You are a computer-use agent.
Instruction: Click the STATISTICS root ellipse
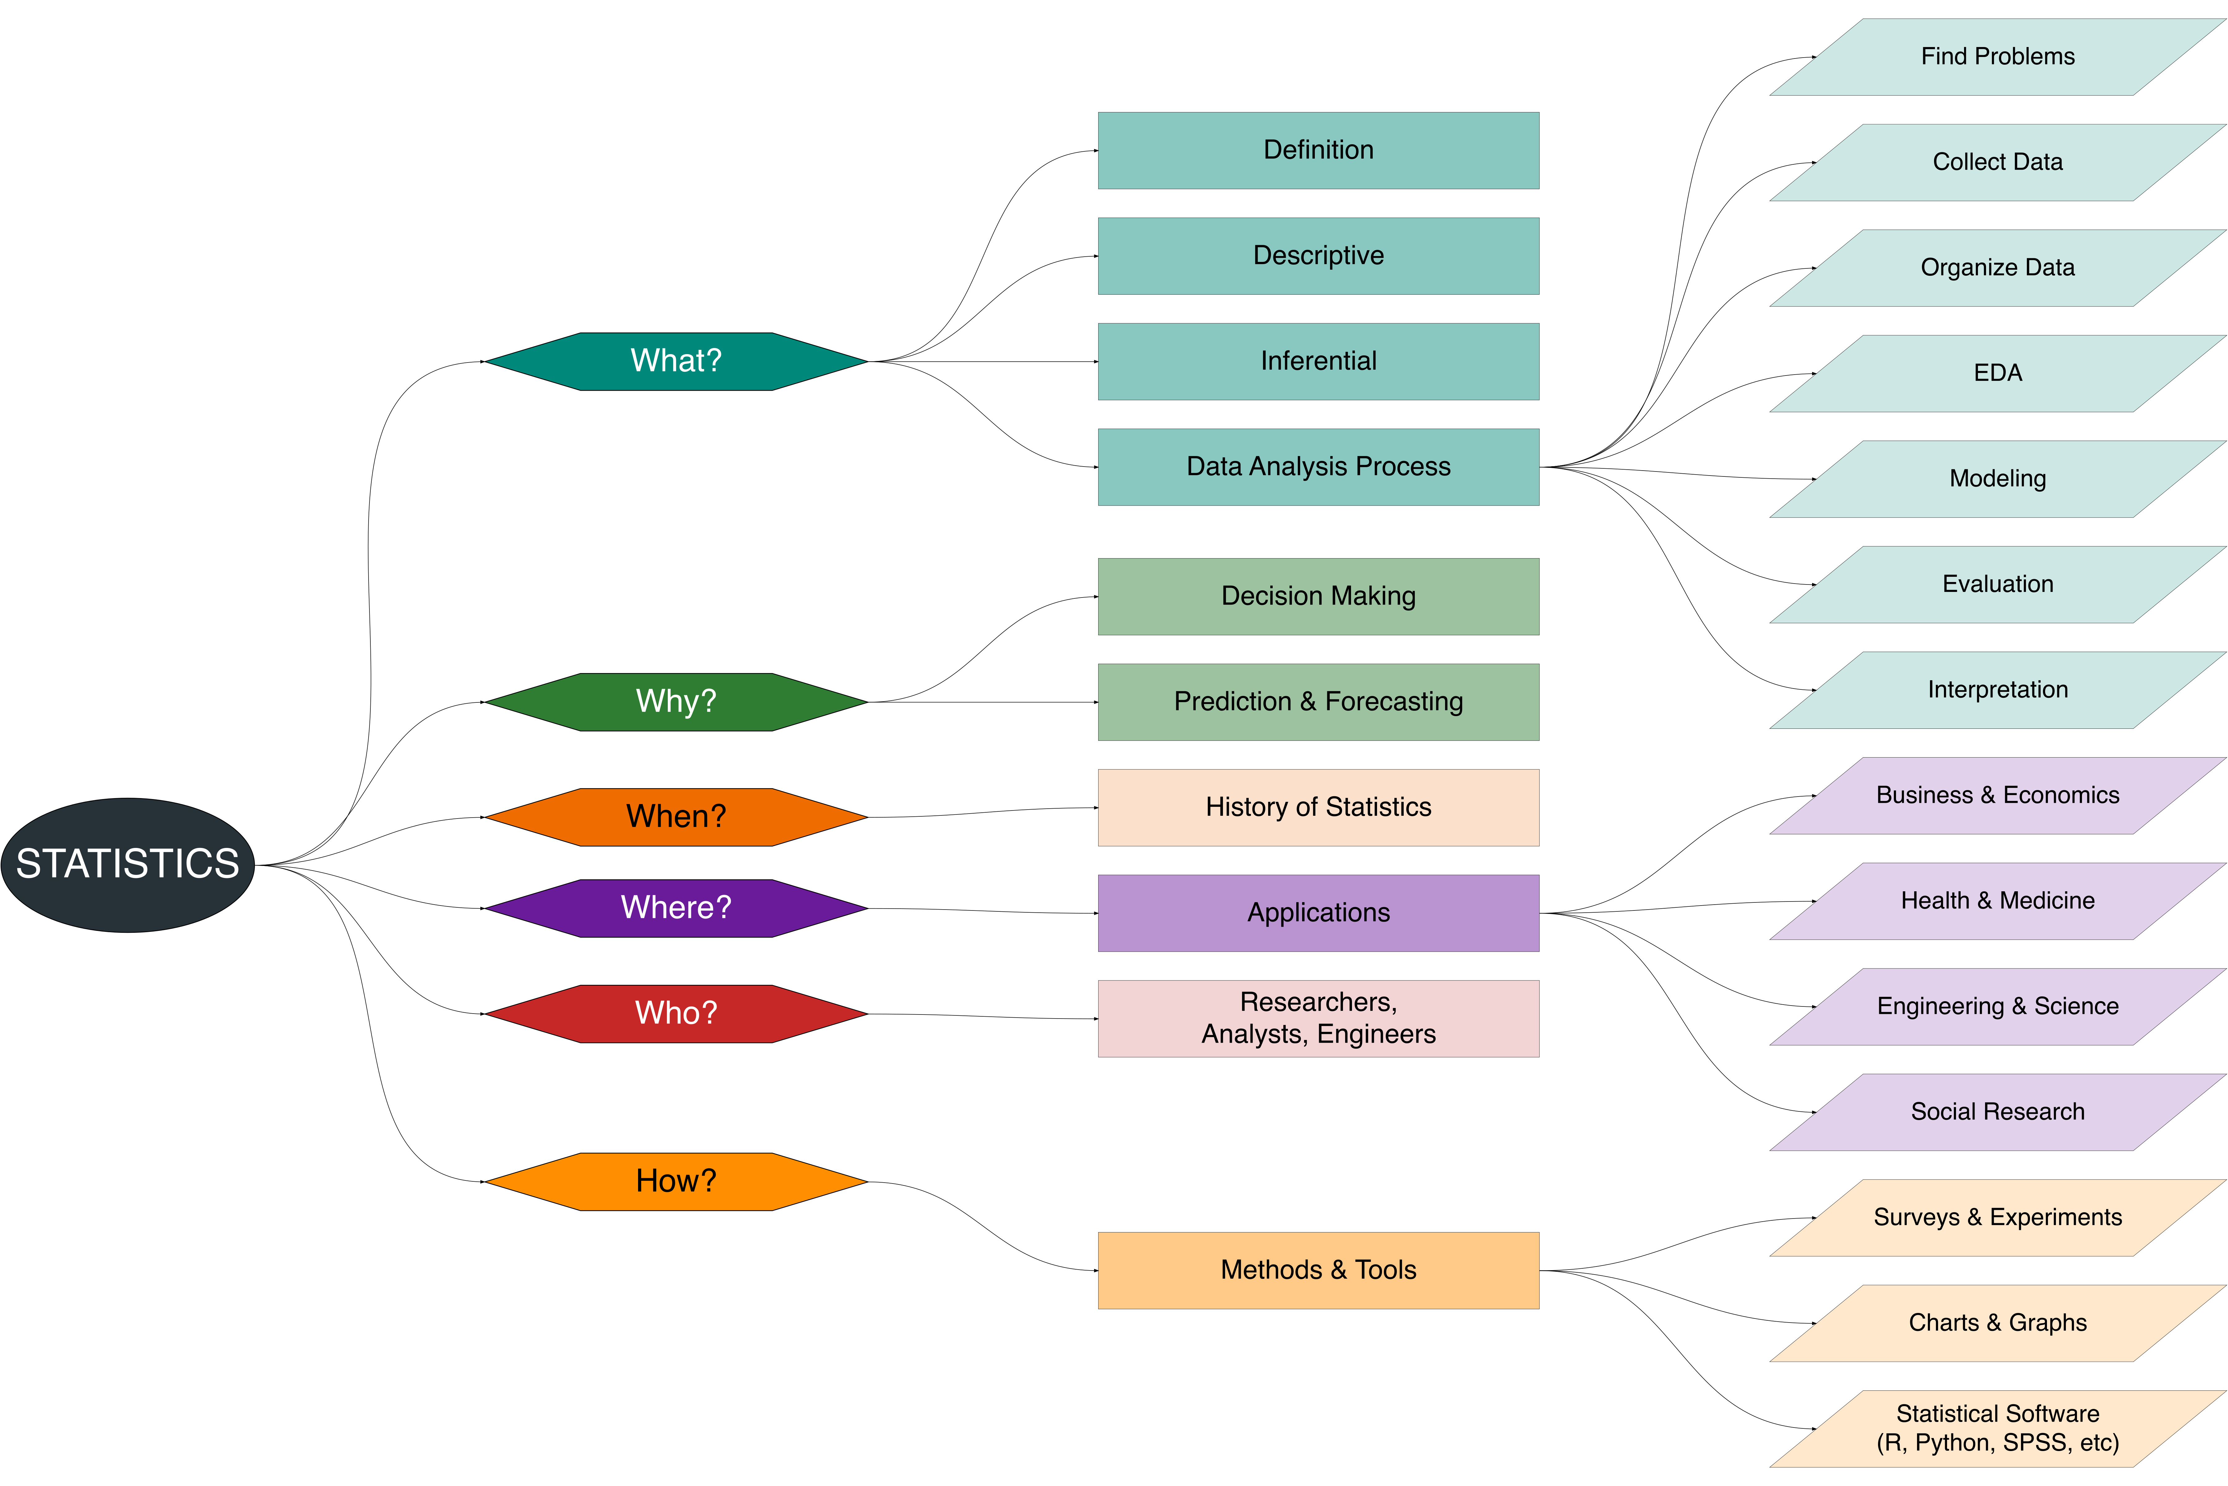click(x=128, y=864)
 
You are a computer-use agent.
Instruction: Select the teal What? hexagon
click(x=676, y=361)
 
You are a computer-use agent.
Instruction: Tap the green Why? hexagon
click(x=676, y=701)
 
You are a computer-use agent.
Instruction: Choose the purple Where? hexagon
click(x=676, y=908)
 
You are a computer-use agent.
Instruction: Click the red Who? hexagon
click(x=676, y=1013)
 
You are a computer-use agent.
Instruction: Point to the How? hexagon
click(x=676, y=1181)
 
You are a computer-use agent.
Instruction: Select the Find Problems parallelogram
click(x=1998, y=57)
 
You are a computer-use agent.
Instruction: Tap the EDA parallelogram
click(x=1998, y=373)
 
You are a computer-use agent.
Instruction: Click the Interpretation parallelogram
click(x=1998, y=690)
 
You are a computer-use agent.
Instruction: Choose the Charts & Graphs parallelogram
click(x=1998, y=1323)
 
